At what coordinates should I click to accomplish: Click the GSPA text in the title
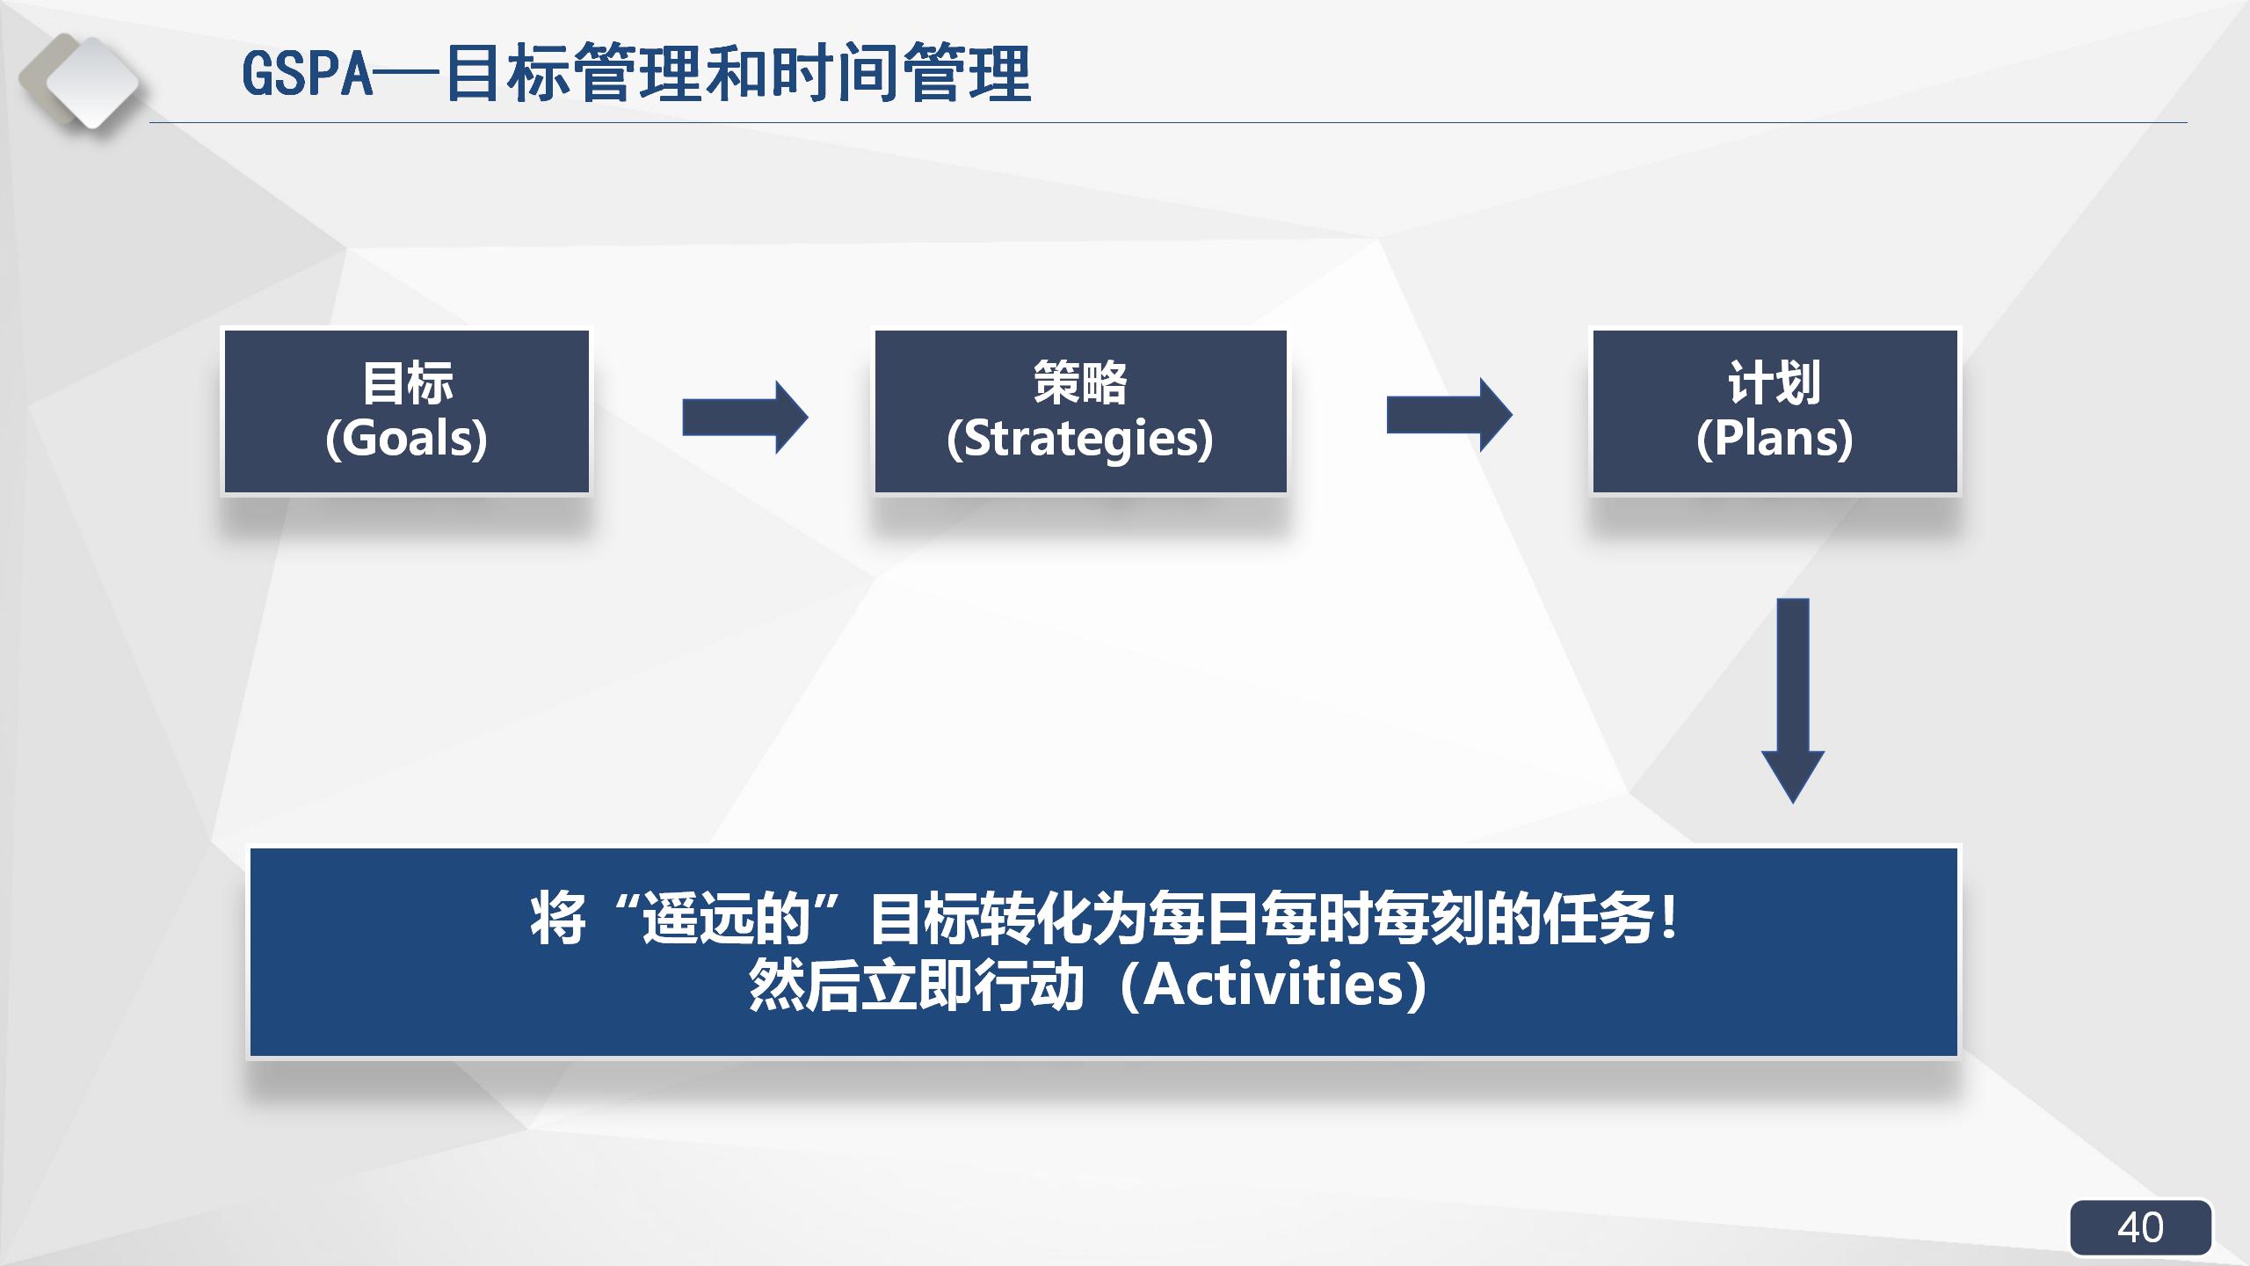coord(308,74)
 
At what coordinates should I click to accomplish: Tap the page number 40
coord(2140,1227)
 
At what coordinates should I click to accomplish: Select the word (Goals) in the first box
coord(406,438)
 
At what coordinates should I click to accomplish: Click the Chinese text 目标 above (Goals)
coord(407,383)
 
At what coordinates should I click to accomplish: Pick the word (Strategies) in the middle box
coord(1080,438)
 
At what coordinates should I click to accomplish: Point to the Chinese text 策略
coord(1080,383)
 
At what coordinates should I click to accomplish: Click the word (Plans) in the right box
coord(1775,438)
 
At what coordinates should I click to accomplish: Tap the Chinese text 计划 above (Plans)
coord(1775,383)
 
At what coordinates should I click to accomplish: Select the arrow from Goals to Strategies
coord(744,417)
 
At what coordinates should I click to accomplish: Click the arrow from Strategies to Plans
coord(1448,415)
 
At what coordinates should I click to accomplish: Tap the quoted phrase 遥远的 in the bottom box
coord(725,920)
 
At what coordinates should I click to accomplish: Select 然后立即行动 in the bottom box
coord(916,985)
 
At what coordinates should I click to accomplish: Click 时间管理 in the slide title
coord(901,74)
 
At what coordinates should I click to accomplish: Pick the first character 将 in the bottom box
coord(558,920)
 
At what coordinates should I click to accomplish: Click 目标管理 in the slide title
coord(576,74)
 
